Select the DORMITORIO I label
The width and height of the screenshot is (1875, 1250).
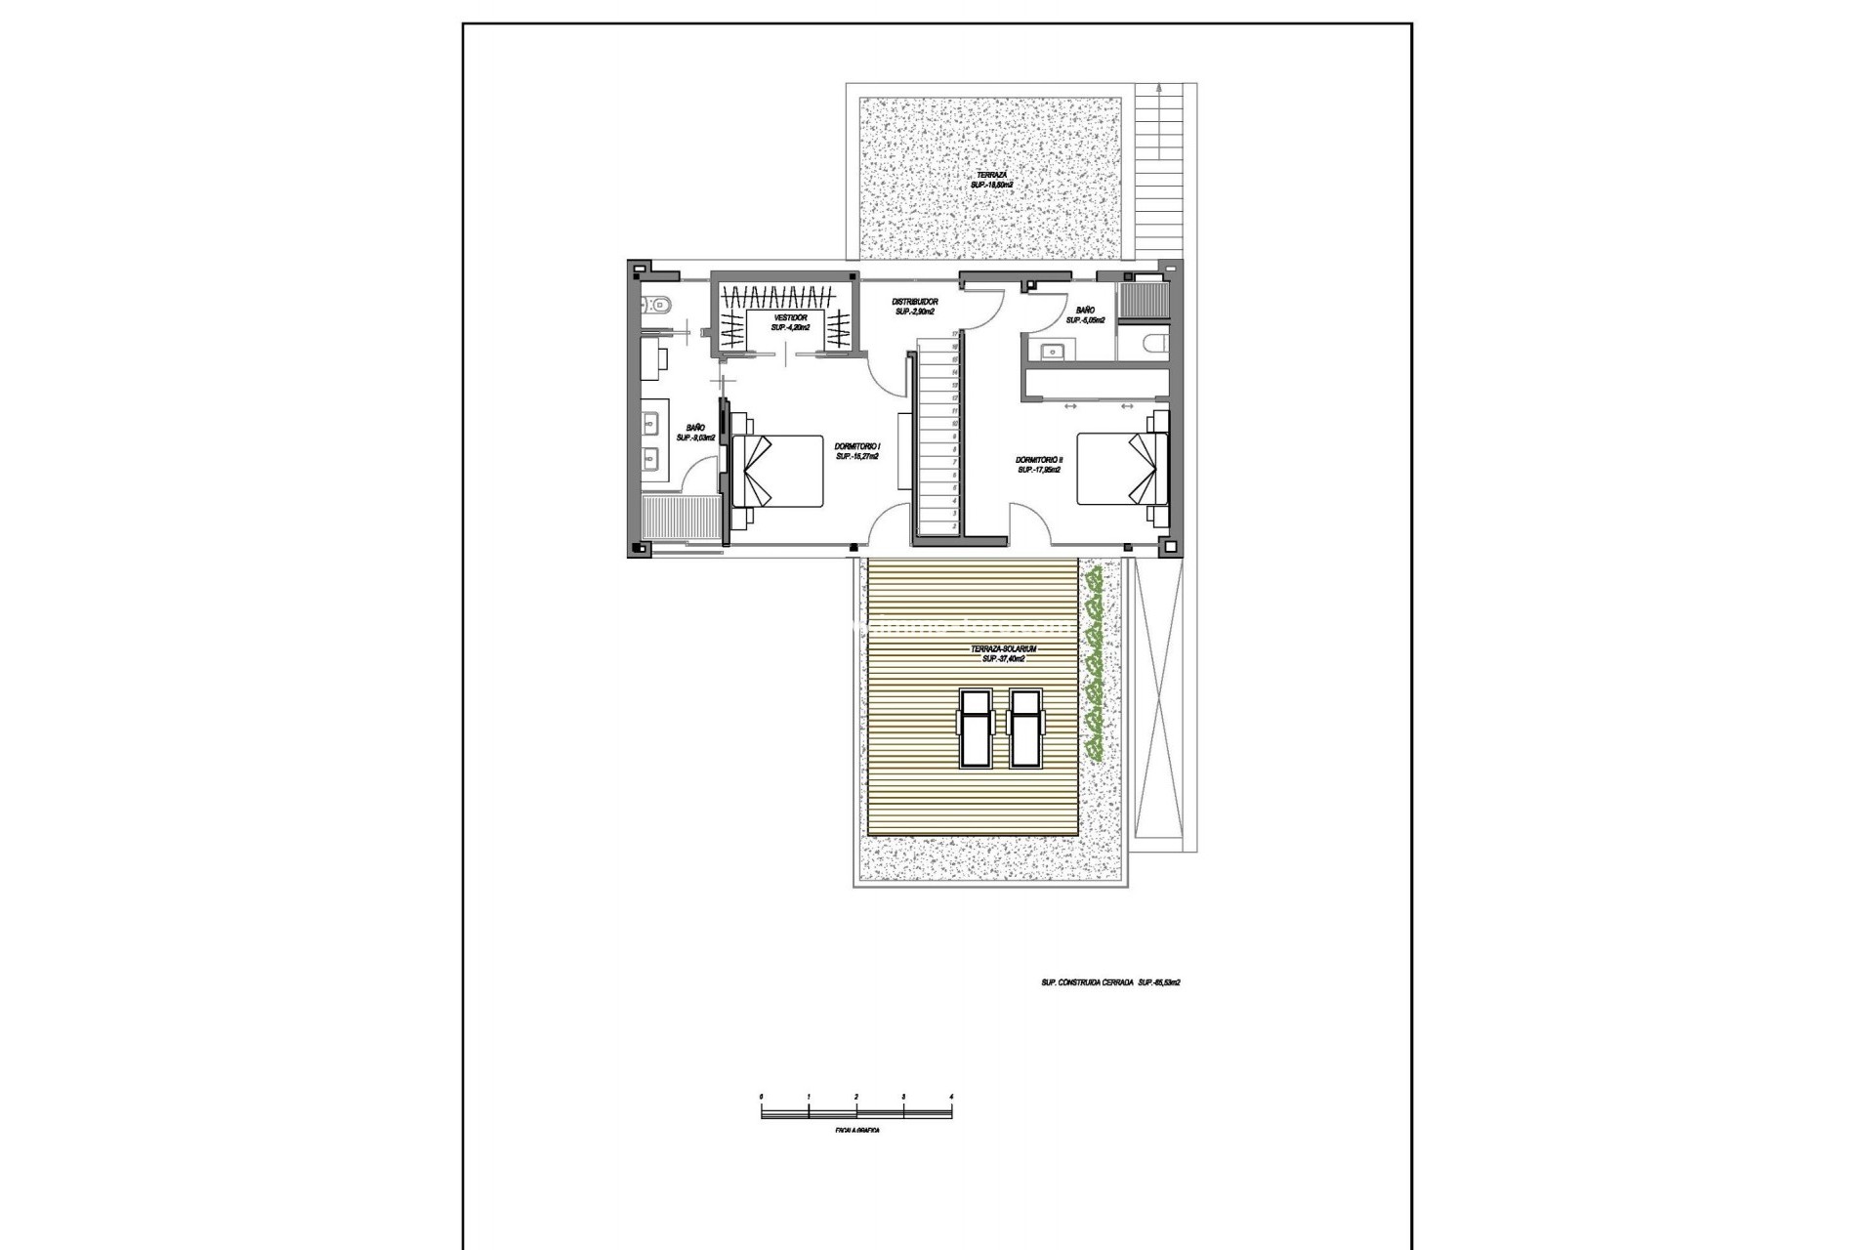point(858,450)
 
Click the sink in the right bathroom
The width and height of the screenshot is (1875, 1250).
point(1052,352)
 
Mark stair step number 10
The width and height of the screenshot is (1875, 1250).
point(953,424)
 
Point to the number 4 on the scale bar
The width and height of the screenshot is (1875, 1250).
point(951,1098)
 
